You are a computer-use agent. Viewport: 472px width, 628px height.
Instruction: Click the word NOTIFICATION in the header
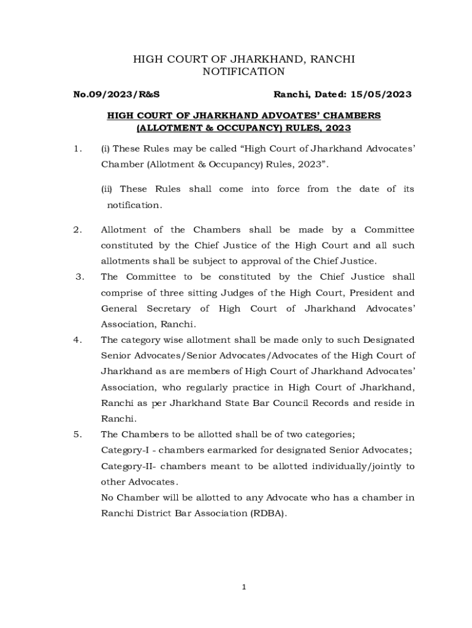243,72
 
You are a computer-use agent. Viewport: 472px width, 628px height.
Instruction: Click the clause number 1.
77,148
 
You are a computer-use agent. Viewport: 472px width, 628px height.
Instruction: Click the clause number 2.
77,230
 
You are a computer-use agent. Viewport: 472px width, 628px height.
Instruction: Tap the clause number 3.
79,277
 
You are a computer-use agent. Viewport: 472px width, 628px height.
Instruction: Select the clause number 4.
77,340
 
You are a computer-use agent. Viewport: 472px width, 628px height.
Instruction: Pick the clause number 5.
77,435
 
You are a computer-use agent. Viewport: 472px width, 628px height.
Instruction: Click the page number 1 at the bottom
243,588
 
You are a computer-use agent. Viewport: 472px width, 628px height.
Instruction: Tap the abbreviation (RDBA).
267,513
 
